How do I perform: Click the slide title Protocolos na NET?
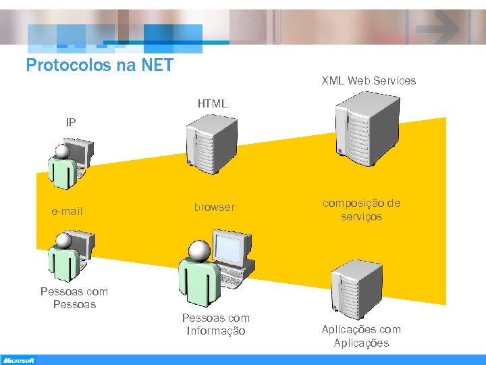[x=99, y=66]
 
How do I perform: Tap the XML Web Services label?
[x=369, y=80]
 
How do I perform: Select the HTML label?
[x=212, y=104]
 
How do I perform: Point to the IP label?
[x=71, y=122]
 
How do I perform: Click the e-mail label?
[x=67, y=212]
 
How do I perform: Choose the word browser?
[x=215, y=208]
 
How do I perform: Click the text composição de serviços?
[x=361, y=210]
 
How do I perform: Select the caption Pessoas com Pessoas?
[x=74, y=298]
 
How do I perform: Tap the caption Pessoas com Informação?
[x=216, y=324]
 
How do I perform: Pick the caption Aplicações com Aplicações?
[x=361, y=337]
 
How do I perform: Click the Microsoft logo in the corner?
[x=18, y=360]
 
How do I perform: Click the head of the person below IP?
[x=63, y=151]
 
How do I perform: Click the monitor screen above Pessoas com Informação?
[x=229, y=249]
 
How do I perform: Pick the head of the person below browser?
[x=199, y=251]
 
